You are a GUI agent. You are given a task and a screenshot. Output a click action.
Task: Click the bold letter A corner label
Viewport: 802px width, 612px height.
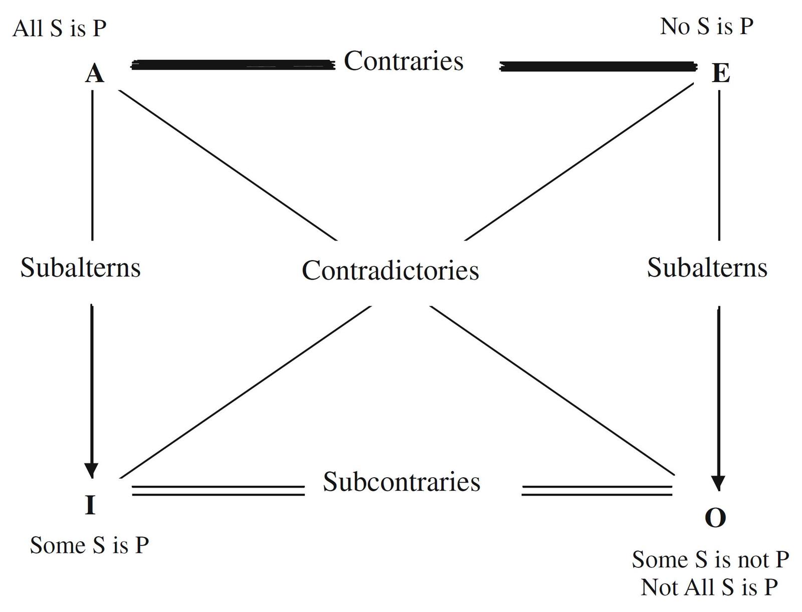95,74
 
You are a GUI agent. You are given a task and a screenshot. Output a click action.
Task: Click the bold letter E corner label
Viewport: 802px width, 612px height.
721,74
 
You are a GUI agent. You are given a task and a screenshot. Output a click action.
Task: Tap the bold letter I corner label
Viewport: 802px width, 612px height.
90,505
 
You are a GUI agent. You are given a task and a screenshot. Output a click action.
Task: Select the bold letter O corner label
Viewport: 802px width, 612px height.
715,518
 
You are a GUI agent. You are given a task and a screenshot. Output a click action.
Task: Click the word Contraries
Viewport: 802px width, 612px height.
404,61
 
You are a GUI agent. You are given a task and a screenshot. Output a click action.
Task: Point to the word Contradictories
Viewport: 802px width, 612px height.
390,270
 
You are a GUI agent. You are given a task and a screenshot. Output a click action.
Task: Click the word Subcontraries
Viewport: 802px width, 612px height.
402,482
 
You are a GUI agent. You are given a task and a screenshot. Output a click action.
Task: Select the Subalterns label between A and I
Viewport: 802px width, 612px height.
80,267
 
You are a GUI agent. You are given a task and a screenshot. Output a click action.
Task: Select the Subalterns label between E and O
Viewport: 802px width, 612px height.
707,267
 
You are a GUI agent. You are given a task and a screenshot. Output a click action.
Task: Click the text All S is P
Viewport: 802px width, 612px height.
60,28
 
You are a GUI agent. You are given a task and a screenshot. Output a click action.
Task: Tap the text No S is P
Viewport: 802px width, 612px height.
707,26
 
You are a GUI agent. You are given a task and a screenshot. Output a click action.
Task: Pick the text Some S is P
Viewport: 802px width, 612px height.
89,545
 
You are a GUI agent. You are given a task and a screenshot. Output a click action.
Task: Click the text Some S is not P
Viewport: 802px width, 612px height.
710,559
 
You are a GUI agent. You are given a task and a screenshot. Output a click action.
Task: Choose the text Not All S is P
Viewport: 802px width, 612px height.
709,587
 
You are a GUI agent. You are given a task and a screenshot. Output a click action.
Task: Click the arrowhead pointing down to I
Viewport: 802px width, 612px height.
91,470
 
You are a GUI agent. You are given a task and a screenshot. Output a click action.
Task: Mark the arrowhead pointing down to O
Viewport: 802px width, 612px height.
719,483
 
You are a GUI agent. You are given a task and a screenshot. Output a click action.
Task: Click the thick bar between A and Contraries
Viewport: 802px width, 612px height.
233,65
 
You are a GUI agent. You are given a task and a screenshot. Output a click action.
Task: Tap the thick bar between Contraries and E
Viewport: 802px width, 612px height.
598,66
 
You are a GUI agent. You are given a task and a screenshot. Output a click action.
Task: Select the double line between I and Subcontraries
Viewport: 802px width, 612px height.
218,490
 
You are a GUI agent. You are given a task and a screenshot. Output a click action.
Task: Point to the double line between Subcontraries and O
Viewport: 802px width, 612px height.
596,490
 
